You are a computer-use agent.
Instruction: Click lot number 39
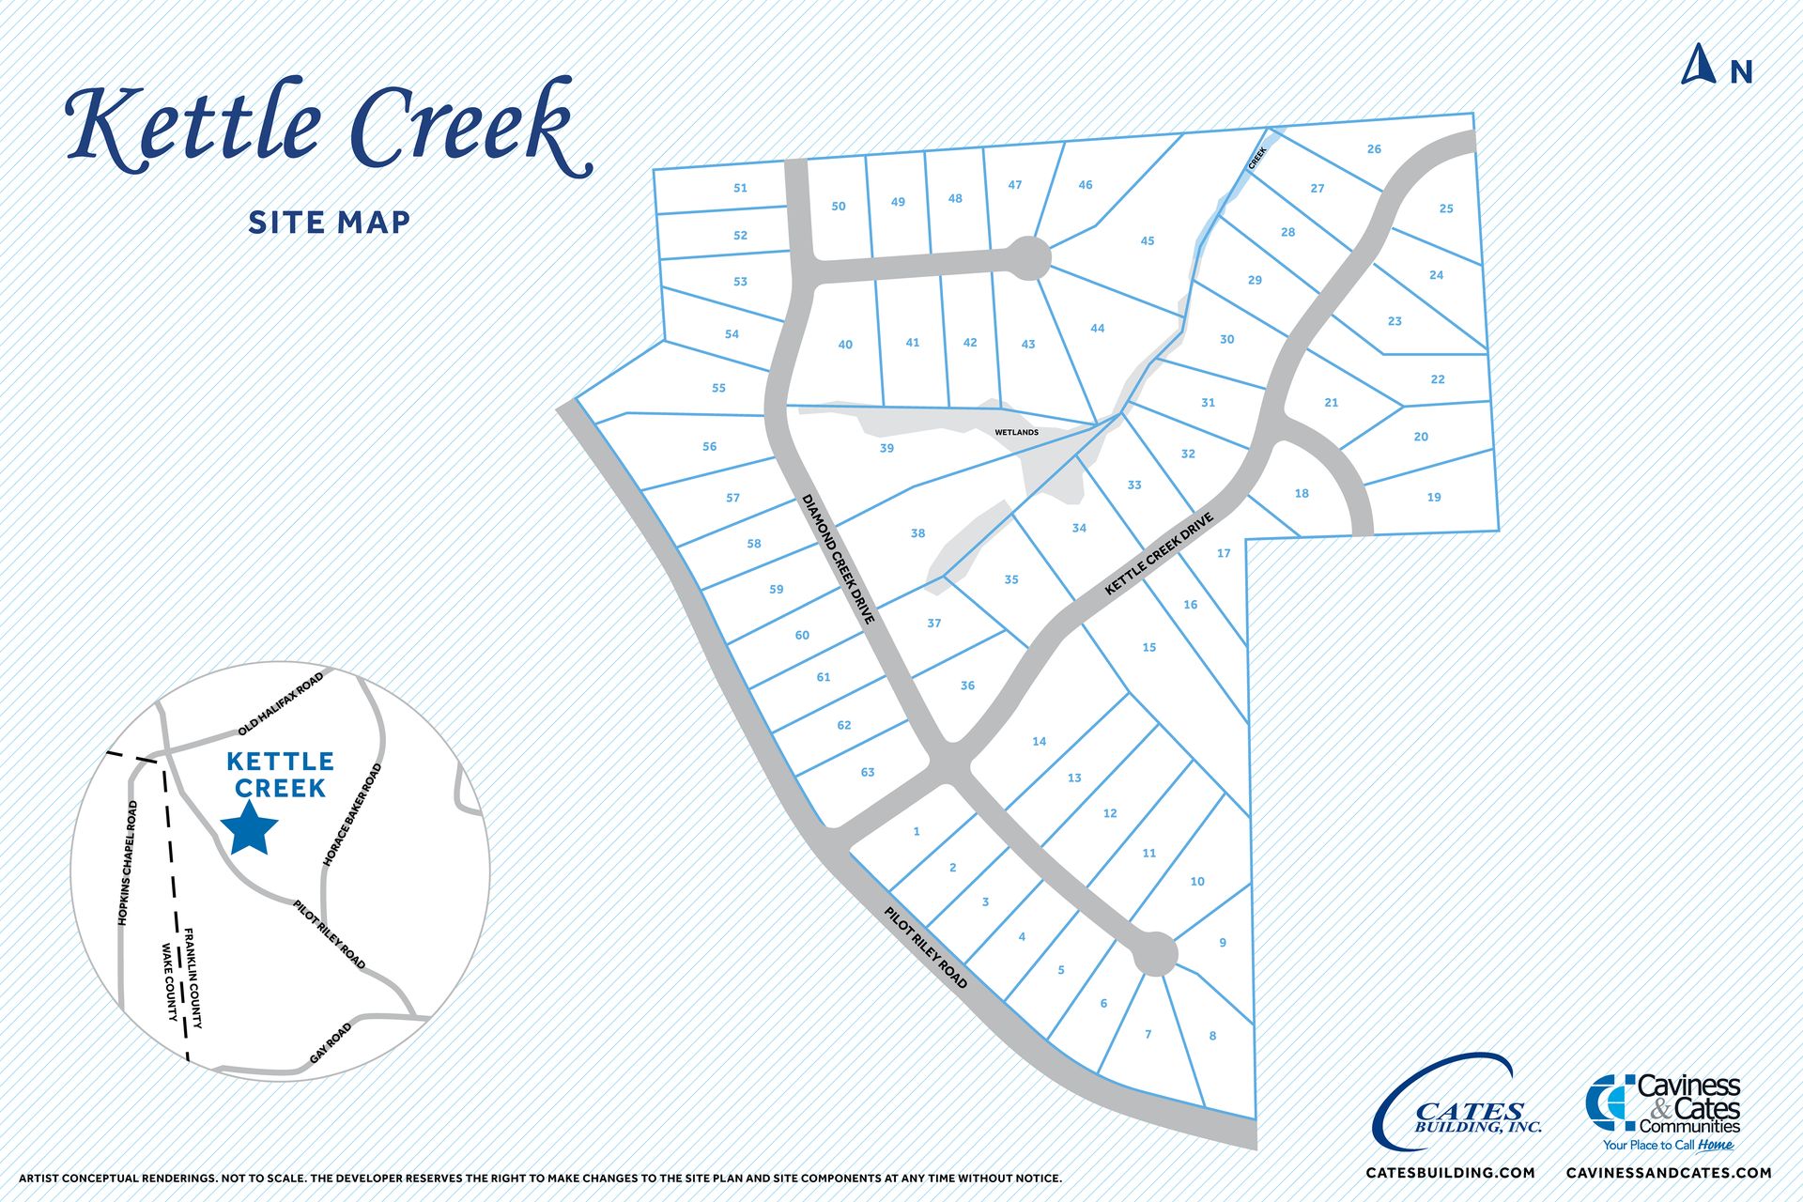[x=886, y=449]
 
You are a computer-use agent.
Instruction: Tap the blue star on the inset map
[x=250, y=827]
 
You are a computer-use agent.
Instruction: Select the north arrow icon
[x=1699, y=66]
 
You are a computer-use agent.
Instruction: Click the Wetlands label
[x=1017, y=433]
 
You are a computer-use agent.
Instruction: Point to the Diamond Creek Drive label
[x=839, y=559]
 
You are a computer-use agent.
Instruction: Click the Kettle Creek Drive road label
[x=1159, y=554]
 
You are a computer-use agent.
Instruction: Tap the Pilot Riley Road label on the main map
[x=925, y=947]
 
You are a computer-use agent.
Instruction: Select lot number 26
[x=1374, y=149]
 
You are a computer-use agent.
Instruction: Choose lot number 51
[x=740, y=188]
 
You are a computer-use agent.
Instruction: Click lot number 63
[x=868, y=773]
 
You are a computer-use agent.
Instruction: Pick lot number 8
[x=1212, y=1036]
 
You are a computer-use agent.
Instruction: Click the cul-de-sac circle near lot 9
[x=1155, y=955]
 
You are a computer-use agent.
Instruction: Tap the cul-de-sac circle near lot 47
[x=1028, y=257]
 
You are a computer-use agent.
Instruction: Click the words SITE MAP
[x=330, y=223]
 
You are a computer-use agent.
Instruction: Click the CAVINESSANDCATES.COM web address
[x=1669, y=1173]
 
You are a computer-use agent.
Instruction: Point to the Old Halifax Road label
[x=280, y=704]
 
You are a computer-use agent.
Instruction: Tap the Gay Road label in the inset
[x=331, y=1043]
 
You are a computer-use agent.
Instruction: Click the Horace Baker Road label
[x=352, y=815]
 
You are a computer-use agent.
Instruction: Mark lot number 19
[x=1433, y=498]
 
